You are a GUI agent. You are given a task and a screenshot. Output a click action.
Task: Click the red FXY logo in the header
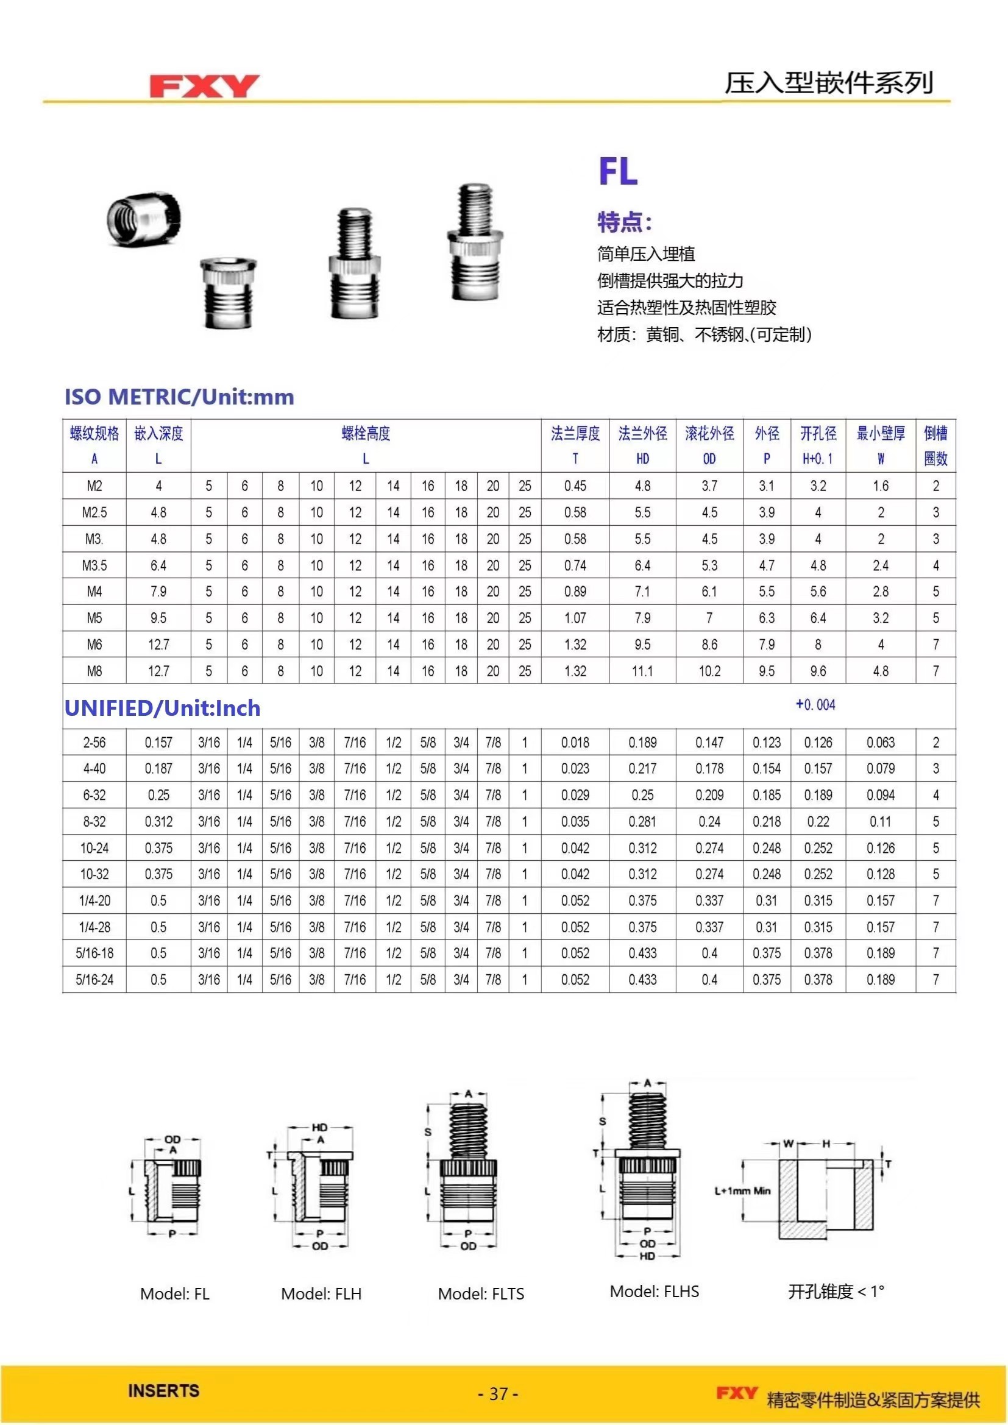click(x=204, y=86)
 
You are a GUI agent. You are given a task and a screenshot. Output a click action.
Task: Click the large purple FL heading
click(x=617, y=171)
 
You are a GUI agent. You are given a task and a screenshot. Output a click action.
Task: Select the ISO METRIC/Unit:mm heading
click(x=179, y=397)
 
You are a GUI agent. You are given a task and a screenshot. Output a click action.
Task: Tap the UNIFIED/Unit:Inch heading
click(x=163, y=708)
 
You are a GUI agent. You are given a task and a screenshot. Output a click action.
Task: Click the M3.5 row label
click(x=94, y=565)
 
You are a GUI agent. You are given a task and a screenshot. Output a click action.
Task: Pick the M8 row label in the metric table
click(x=94, y=671)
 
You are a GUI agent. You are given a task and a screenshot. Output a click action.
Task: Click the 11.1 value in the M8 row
click(x=642, y=671)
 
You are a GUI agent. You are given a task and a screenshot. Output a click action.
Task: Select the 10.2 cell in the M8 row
click(x=709, y=671)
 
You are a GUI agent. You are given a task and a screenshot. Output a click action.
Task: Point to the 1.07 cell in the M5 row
click(x=575, y=618)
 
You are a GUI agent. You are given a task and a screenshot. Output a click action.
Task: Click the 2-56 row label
click(x=94, y=742)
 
